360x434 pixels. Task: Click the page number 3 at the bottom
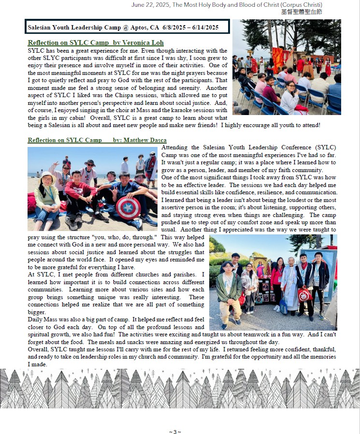pyautogui.click(x=175, y=432)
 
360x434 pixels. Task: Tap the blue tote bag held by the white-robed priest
pyautogui.click(x=283, y=305)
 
